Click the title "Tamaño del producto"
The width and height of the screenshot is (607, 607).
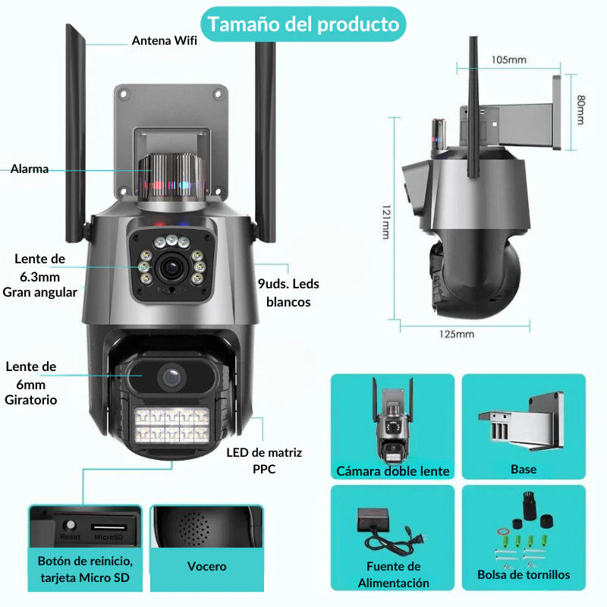pyautogui.click(x=303, y=24)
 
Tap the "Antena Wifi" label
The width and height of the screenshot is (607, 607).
pyautogui.click(x=164, y=41)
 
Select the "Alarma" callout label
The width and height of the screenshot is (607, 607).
pyautogui.click(x=30, y=169)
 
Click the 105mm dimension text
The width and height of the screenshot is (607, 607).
pyautogui.click(x=509, y=59)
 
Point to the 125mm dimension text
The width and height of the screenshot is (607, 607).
pyautogui.click(x=456, y=334)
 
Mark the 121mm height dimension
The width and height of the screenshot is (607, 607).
pyautogui.click(x=385, y=222)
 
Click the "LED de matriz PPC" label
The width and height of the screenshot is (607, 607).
pyautogui.click(x=264, y=461)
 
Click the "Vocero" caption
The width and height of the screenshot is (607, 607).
pyautogui.click(x=206, y=566)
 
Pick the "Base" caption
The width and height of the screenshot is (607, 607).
pyautogui.click(x=524, y=469)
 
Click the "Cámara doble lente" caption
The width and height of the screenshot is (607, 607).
pyautogui.click(x=393, y=471)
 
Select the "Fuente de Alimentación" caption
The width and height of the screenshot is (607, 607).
pyautogui.click(x=393, y=574)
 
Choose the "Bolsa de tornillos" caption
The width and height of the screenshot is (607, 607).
pyautogui.click(x=524, y=574)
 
